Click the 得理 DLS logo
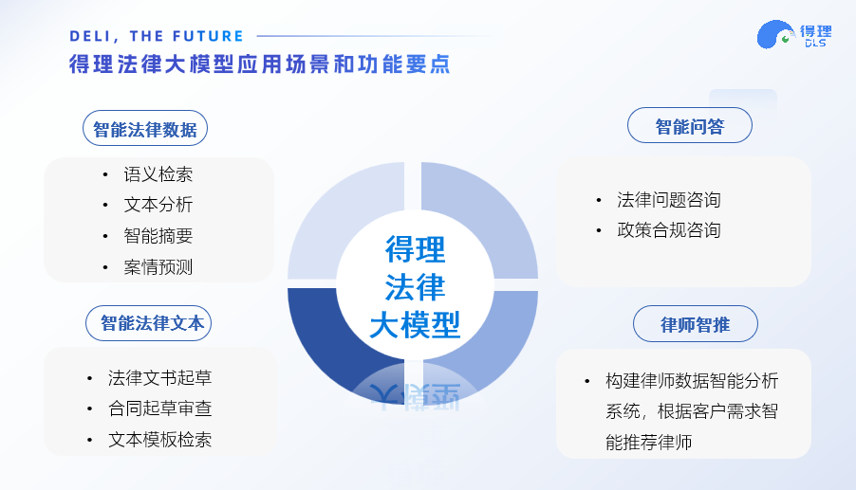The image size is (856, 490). pos(794,35)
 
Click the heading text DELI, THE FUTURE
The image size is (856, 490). pos(157,37)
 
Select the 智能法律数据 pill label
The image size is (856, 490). pos(145,129)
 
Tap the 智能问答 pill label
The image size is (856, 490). pos(690,126)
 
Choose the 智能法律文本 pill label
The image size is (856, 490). pos(148,323)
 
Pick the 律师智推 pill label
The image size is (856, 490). pos(695,324)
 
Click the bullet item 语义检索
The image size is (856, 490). pos(158,174)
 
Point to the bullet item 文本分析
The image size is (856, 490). pos(158,205)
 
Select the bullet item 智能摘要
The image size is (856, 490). pos(158,236)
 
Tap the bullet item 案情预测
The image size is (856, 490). pos(158,267)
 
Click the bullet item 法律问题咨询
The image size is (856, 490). pos(669,200)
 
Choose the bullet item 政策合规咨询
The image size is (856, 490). pos(669,230)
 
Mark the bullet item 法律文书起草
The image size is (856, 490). pos(160,378)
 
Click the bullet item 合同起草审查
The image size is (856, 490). pos(160,408)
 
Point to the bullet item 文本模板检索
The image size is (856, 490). pos(160,440)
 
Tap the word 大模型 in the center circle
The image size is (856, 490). pos(415,325)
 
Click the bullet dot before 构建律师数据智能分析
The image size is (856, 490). pos(586,381)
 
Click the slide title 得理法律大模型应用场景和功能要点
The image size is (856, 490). pos(260,64)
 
